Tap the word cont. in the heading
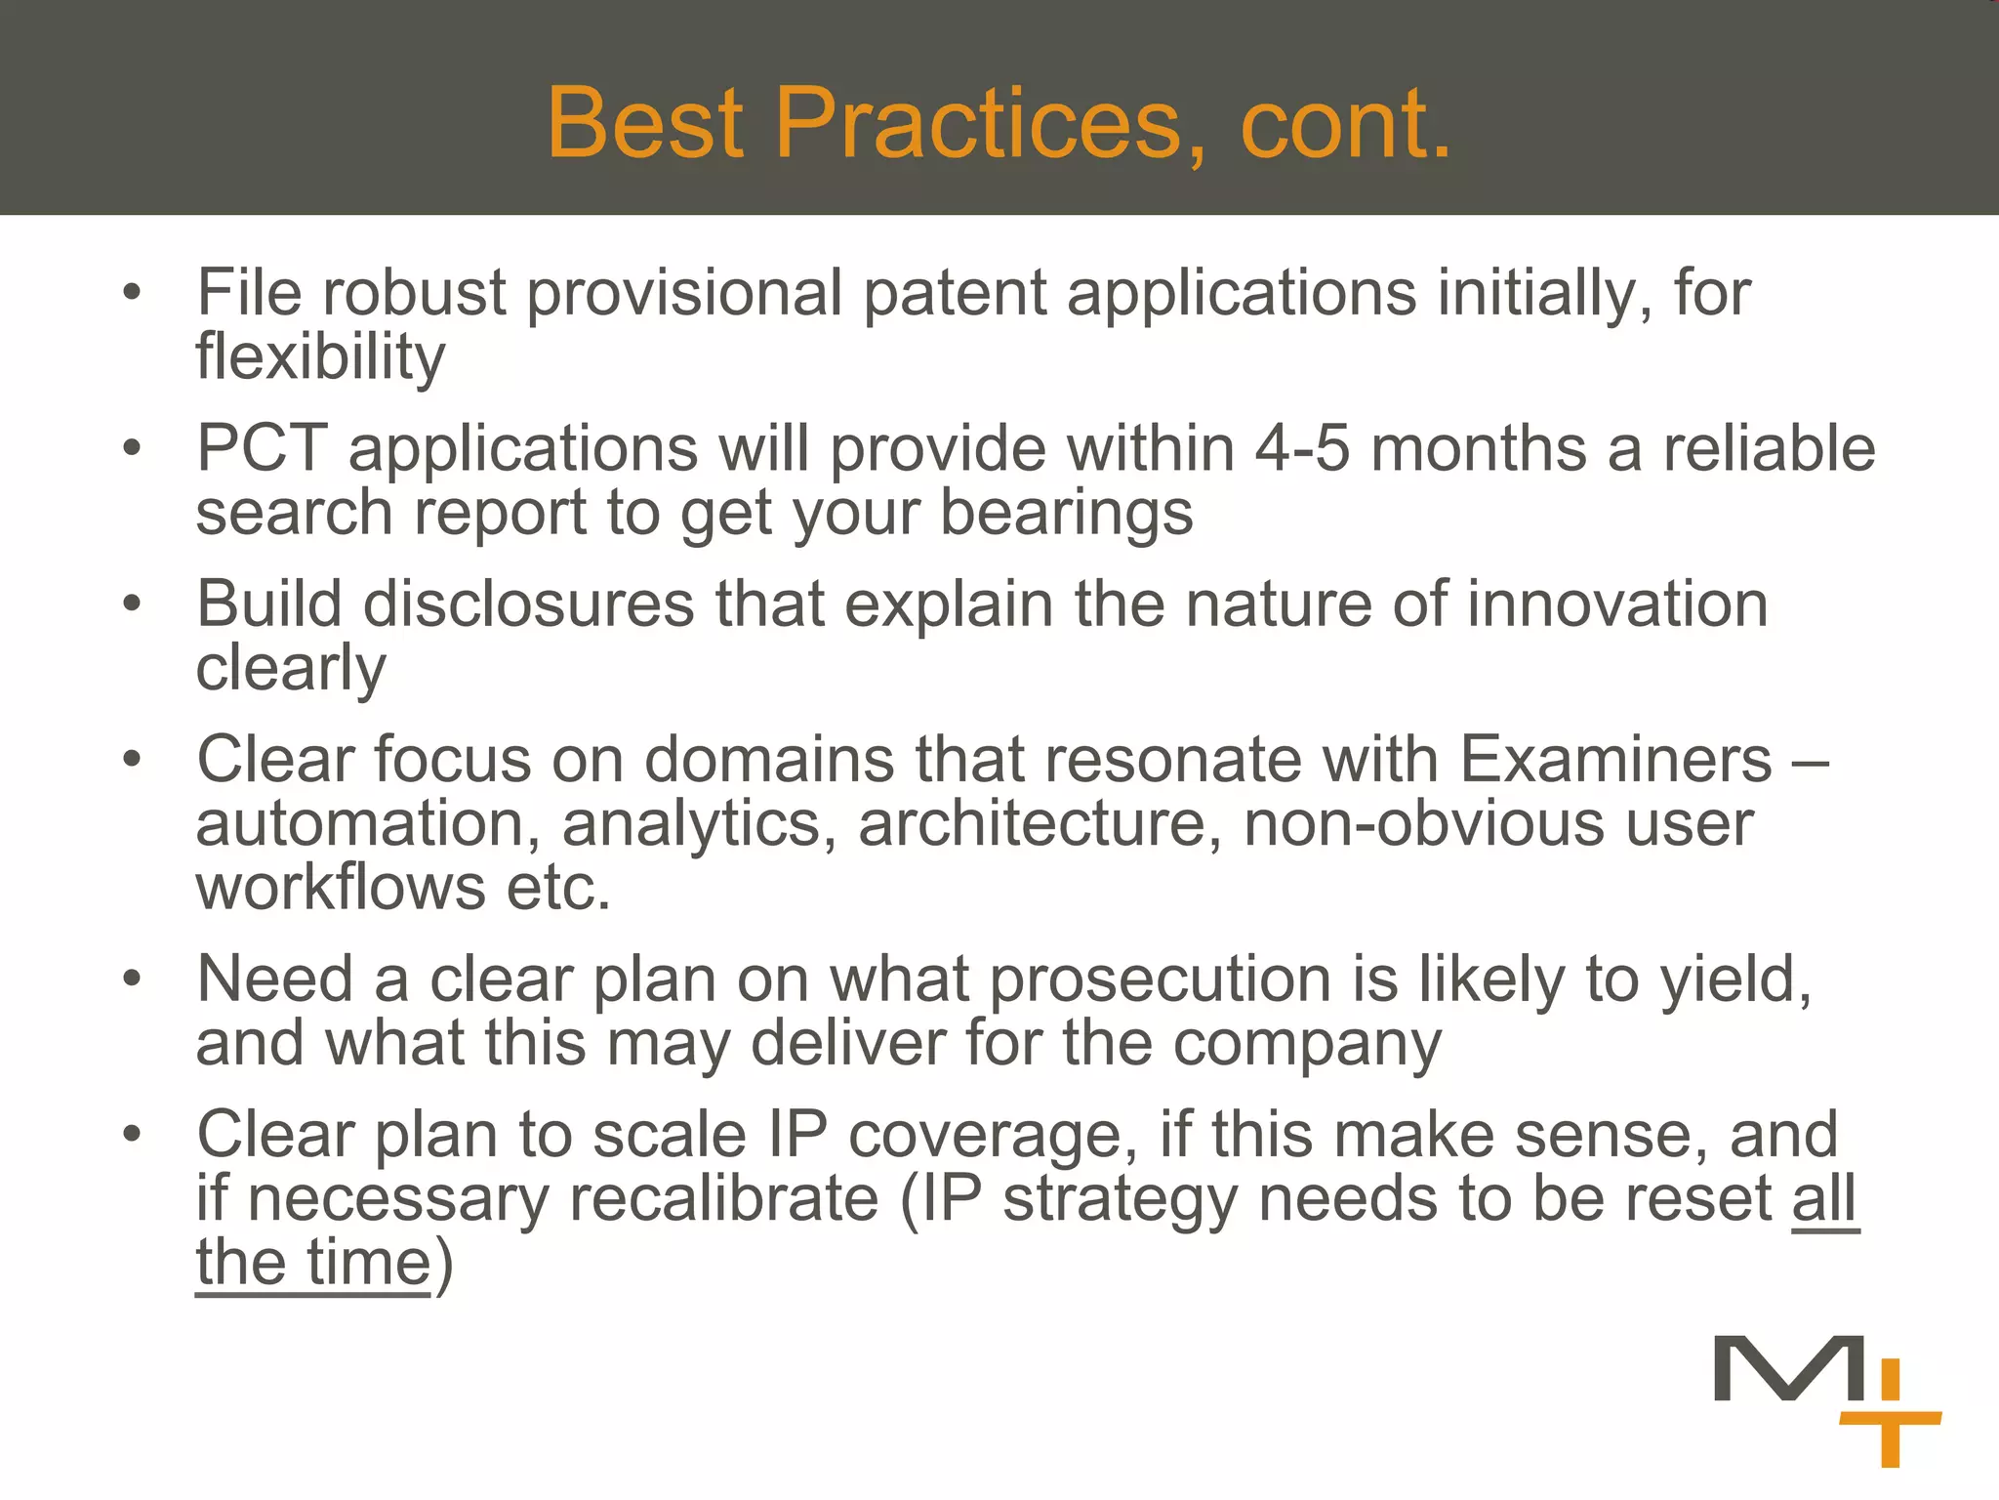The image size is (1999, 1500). click(x=1345, y=123)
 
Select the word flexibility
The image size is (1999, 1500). click(x=320, y=357)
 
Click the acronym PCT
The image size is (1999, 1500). click(x=261, y=449)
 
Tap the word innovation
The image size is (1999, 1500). click(x=1617, y=604)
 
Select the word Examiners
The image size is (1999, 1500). click(x=1615, y=760)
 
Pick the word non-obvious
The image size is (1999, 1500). click(x=1423, y=824)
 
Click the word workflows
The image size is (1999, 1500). click(x=341, y=888)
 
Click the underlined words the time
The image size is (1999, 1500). click(x=312, y=1263)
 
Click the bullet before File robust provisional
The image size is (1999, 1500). click(x=133, y=292)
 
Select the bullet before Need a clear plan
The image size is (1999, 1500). click(x=133, y=979)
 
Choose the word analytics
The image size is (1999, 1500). click(x=699, y=824)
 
